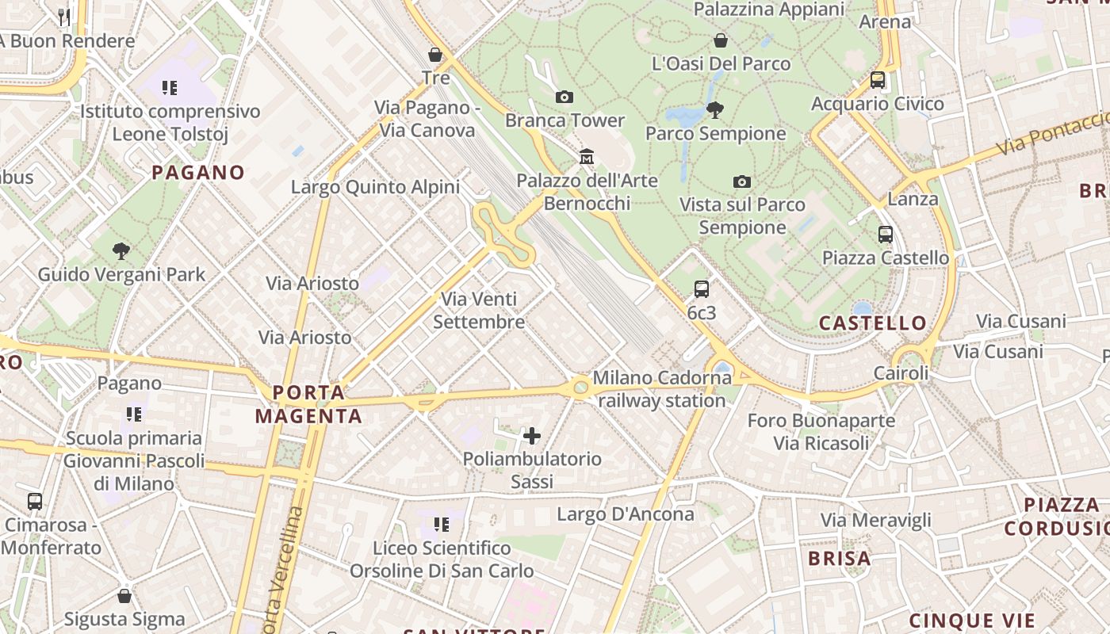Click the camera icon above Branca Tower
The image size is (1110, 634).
pos(564,97)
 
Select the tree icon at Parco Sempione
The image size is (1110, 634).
pos(714,110)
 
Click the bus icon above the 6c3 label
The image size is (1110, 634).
pos(702,289)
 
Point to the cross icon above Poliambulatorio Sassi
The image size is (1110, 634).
pos(532,435)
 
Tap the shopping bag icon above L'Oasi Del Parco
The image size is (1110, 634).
pos(721,40)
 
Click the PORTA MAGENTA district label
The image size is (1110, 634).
pos(308,403)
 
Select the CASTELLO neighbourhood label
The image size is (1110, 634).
pos(872,323)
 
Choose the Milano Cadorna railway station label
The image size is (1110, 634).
pos(661,389)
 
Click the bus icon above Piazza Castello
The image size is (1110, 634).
pos(886,235)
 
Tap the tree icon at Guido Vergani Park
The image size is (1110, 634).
pos(121,252)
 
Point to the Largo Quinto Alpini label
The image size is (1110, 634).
pos(375,187)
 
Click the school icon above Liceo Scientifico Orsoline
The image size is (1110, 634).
pos(442,524)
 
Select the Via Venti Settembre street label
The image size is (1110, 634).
pos(479,310)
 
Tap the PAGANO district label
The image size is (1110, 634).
pos(198,172)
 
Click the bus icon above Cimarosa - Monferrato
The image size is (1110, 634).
pos(35,501)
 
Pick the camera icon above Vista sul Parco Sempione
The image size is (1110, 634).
pos(742,181)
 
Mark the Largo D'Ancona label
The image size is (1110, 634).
pos(625,514)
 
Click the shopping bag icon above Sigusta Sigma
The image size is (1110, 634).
pos(124,595)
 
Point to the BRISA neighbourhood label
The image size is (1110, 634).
pos(839,558)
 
